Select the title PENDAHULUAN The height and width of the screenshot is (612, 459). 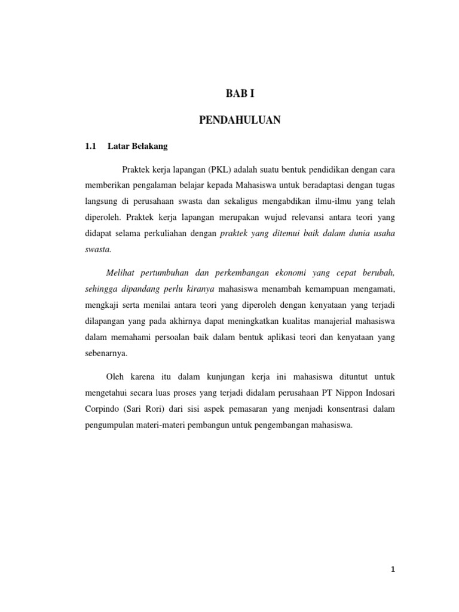tap(240, 121)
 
